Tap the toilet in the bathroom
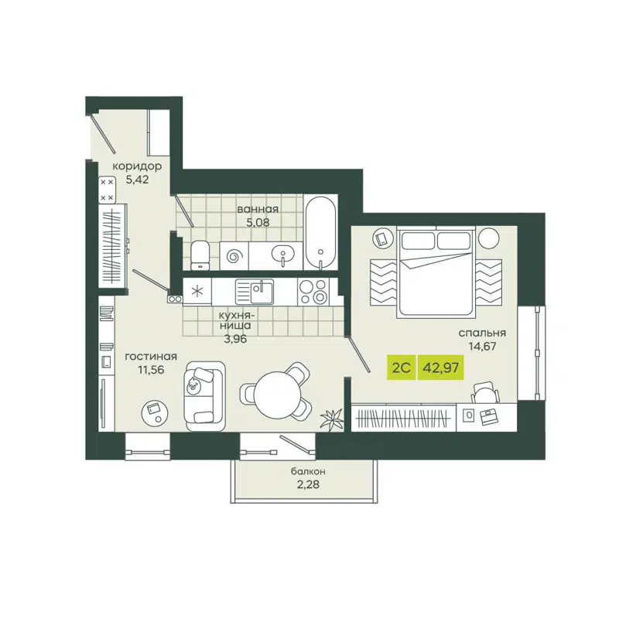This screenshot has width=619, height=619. point(199,254)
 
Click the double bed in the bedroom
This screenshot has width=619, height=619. point(436,271)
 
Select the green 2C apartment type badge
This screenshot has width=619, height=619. point(401,367)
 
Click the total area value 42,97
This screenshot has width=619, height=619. point(439,367)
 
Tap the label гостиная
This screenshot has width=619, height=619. point(151,357)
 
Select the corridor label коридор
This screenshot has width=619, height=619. point(137,166)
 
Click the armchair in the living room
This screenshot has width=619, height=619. point(203,393)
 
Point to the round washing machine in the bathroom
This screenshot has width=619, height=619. point(235,254)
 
